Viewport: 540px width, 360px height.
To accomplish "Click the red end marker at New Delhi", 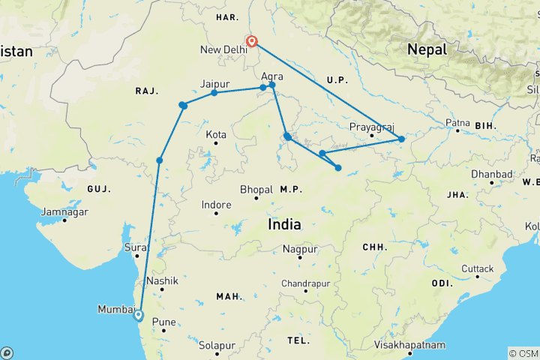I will (x=253, y=41).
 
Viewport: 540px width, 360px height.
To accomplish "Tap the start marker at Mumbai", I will (x=137, y=315).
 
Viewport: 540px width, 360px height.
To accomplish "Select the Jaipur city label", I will (x=214, y=83).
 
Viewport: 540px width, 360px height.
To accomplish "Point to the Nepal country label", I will (x=426, y=49).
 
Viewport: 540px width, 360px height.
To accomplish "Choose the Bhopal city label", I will (x=256, y=189).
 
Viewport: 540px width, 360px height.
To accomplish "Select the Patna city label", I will (x=457, y=122).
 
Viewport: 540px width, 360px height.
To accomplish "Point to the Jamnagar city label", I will (x=64, y=212).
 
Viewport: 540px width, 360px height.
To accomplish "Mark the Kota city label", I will (x=216, y=134).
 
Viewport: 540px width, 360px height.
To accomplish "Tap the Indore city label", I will (x=216, y=204).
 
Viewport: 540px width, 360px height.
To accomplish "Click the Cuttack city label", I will (x=478, y=268).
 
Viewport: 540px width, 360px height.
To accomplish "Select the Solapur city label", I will (x=217, y=345).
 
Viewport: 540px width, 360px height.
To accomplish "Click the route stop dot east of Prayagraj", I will (x=401, y=139).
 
